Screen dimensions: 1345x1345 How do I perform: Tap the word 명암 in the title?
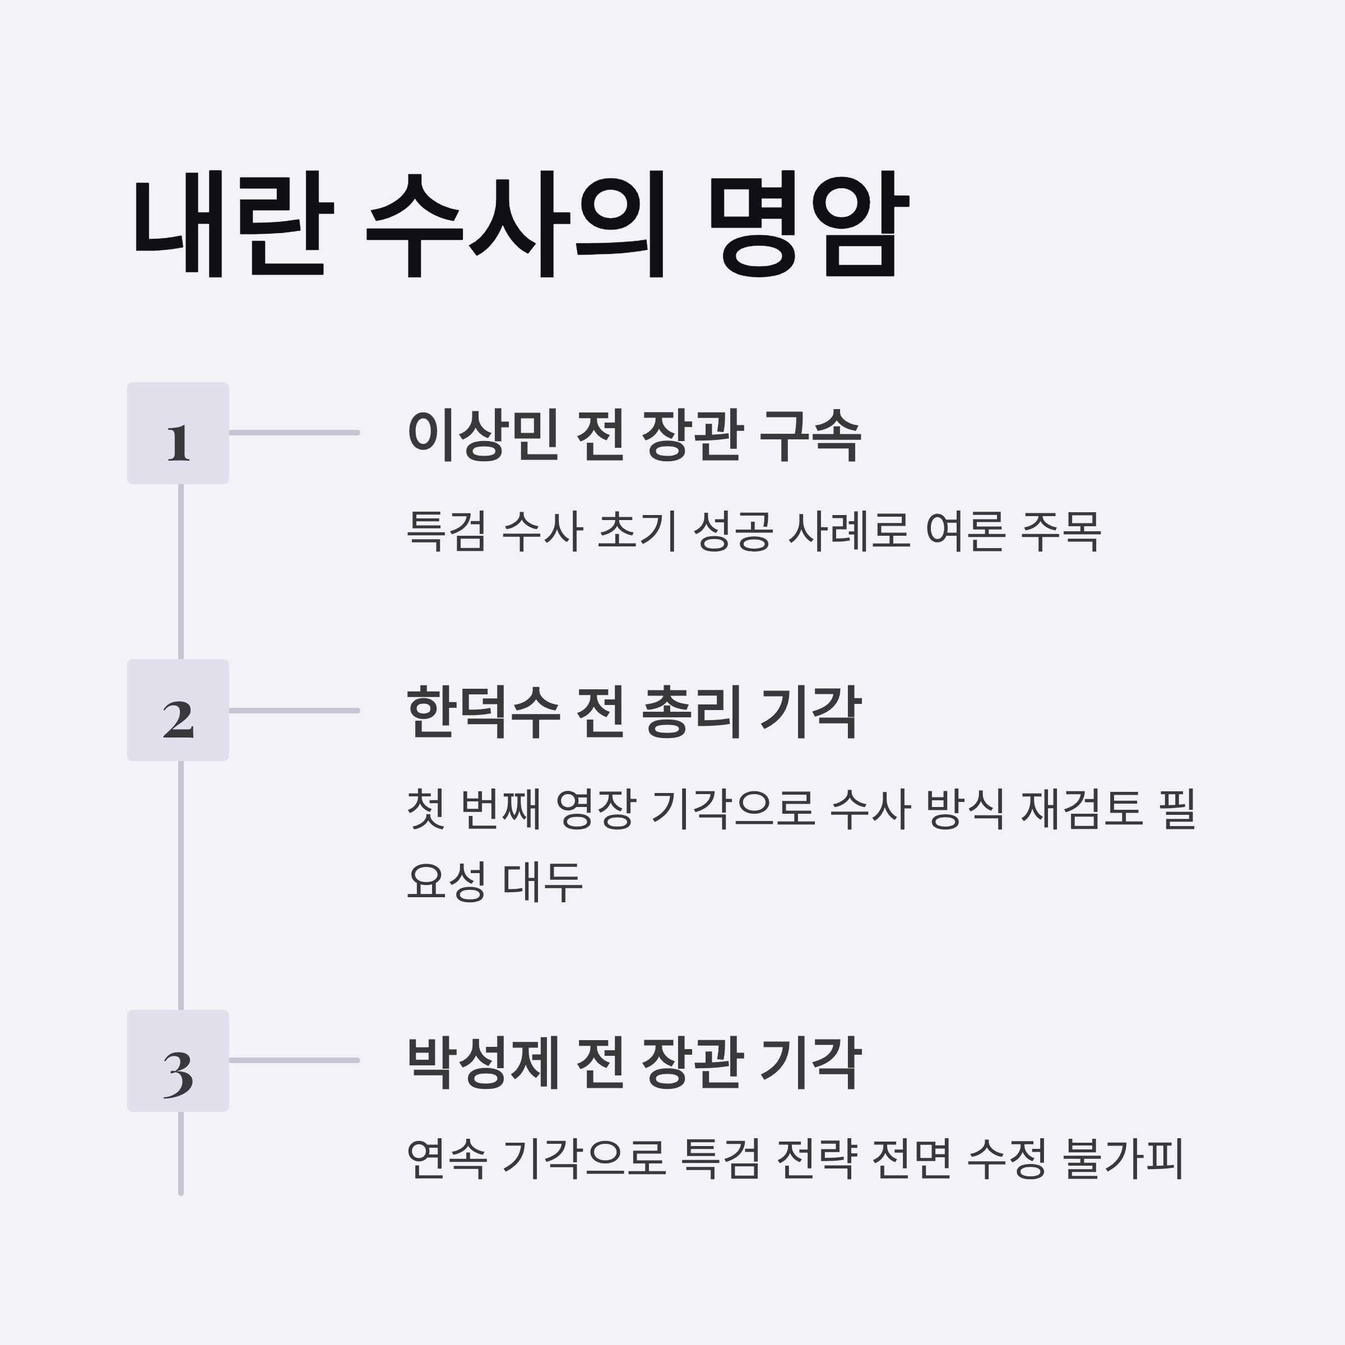808,224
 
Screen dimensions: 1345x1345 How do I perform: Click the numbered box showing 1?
178,433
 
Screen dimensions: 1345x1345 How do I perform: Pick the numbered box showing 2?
178,710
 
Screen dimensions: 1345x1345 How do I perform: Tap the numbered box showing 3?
178,1061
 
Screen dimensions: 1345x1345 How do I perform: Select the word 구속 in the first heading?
810,434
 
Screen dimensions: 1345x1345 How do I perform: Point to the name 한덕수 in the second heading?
483,712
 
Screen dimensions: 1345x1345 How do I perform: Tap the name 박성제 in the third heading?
483,1063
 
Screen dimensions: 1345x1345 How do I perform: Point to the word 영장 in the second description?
595,809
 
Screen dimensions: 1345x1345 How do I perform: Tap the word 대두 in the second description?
542,882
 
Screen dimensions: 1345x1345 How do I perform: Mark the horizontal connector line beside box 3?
294,1061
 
